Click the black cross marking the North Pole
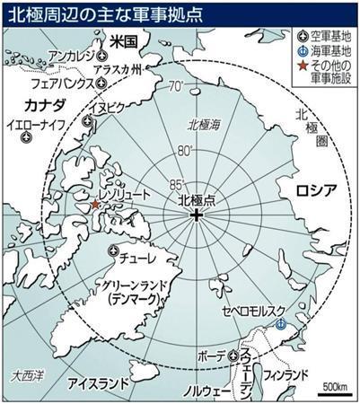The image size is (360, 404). [197, 217]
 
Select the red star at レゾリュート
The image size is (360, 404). [96, 205]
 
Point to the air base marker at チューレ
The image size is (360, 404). [112, 250]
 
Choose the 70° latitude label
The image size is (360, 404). [176, 87]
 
